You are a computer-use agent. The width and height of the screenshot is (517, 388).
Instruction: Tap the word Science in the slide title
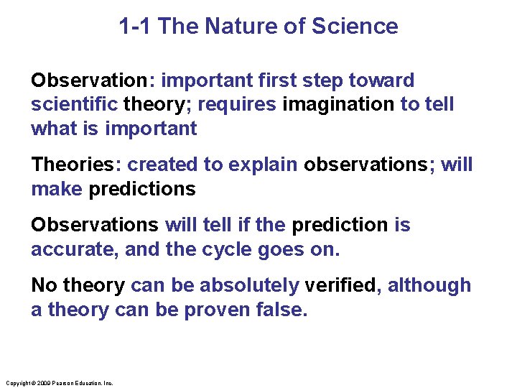click(354, 27)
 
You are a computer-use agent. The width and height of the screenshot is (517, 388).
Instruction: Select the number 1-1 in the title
click(135, 27)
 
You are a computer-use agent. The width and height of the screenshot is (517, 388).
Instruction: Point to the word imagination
click(338, 105)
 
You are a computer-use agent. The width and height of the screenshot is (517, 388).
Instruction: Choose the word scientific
click(74, 105)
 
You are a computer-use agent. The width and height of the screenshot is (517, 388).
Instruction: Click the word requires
click(236, 105)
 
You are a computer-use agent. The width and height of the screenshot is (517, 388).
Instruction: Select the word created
click(163, 165)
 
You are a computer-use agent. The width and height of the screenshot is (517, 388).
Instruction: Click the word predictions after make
click(141, 190)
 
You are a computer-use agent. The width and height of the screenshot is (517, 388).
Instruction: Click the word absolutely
click(249, 286)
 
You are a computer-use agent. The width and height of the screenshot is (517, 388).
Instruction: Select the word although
click(429, 286)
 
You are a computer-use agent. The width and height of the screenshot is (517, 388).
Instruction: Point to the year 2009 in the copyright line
click(42, 383)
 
